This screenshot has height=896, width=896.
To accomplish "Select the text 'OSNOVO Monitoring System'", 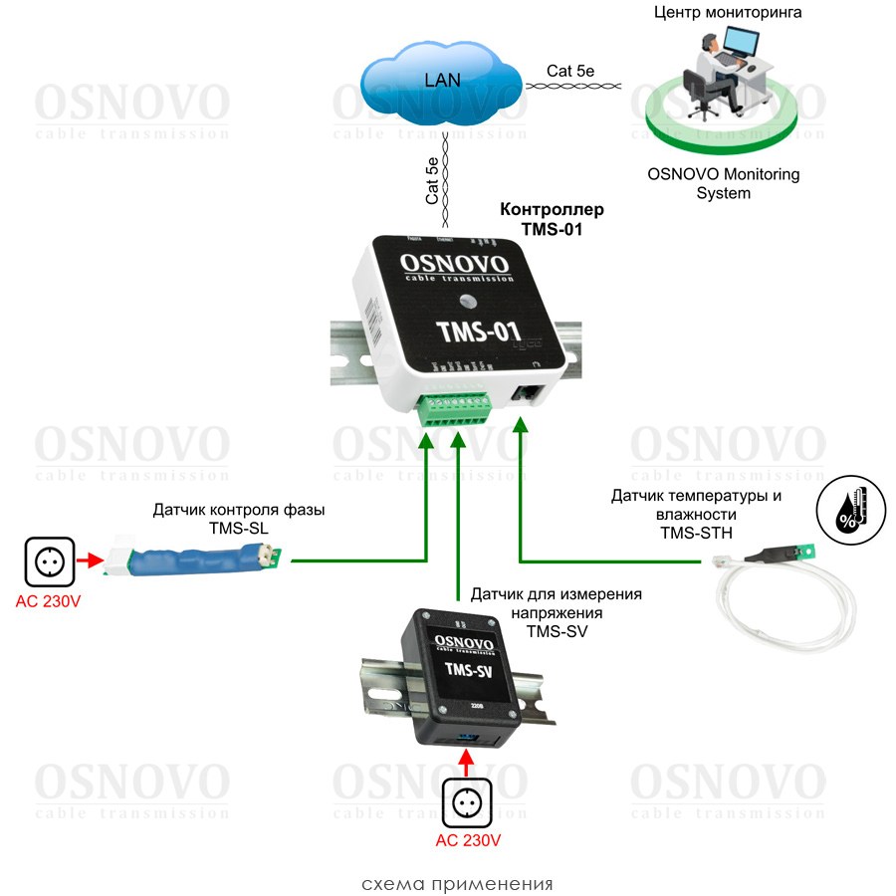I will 724,183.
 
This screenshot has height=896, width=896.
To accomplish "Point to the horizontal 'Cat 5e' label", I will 572,71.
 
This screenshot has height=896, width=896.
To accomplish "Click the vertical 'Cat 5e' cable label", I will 432,180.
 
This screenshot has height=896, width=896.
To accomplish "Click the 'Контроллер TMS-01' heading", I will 552,219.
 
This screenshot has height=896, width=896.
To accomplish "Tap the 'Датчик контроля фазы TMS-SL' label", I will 239,519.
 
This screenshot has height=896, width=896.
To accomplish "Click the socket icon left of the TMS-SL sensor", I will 49,561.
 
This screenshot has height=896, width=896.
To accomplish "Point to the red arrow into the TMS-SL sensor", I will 92,561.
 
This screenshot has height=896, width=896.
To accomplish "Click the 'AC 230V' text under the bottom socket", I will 468,841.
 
